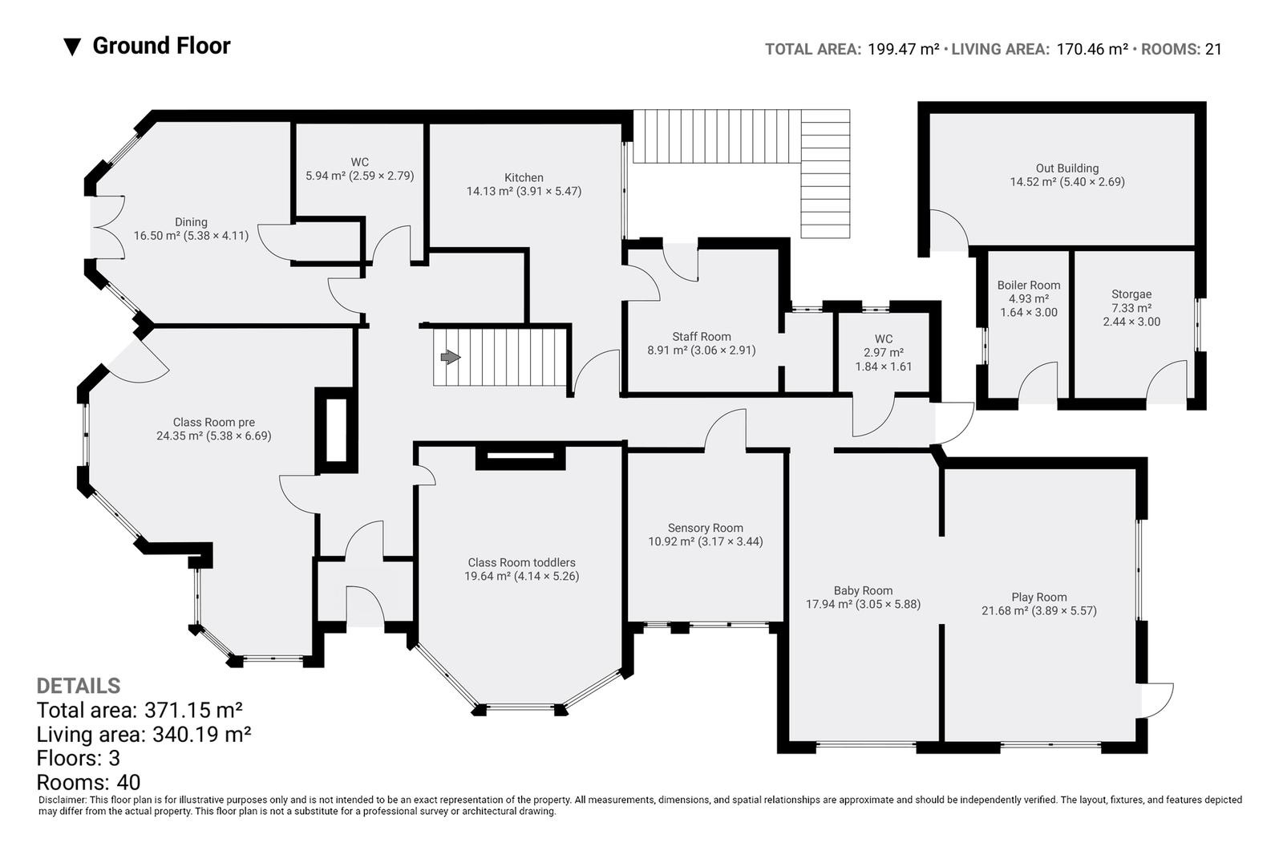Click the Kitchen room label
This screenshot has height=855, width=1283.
pyautogui.click(x=524, y=177)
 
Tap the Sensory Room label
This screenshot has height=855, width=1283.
pyautogui.click(x=705, y=528)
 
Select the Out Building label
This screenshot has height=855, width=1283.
pyautogui.click(x=1067, y=168)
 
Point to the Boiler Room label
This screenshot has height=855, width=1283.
pyautogui.click(x=1029, y=286)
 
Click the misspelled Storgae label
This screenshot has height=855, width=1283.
pyautogui.click(x=1131, y=294)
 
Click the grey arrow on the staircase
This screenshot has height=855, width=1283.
pyautogui.click(x=450, y=358)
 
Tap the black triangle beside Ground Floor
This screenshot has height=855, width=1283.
pyautogui.click(x=72, y=47)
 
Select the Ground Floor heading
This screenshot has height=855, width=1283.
pyautogui.click(x=161, y=46)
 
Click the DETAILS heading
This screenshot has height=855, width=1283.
pyautogui.click(x=79, y=686)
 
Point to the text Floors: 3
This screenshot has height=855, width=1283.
pyautogui.click(x=79, y=758)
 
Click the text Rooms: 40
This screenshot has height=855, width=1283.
pyautogui.click(x=88, y=782)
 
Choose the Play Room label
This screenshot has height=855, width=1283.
pyautogui.click(x=1039, y=597)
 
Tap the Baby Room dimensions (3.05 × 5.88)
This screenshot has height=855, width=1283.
pyautogui.click(x=889, y=604)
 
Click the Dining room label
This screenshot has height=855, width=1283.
pyautogui.click(x=192, y=222)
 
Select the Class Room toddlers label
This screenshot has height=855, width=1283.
pyautogui.click(x=521, y=563)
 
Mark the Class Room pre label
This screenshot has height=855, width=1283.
pyautogui.click(x=213, y=423)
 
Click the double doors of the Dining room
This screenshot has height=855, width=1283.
pyautogui.click(x=107, y=228)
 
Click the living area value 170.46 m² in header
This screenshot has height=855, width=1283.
pyautogui.click(x=1092, y=49)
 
